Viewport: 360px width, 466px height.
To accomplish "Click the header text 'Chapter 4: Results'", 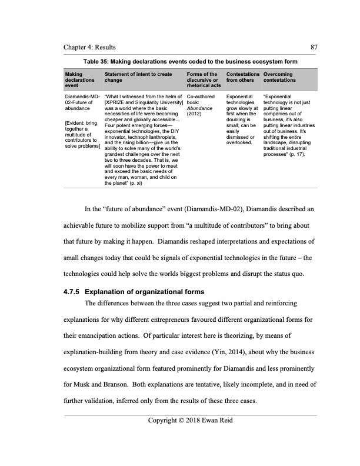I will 89,47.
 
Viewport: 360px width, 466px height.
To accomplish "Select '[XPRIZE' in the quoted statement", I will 115,102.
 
